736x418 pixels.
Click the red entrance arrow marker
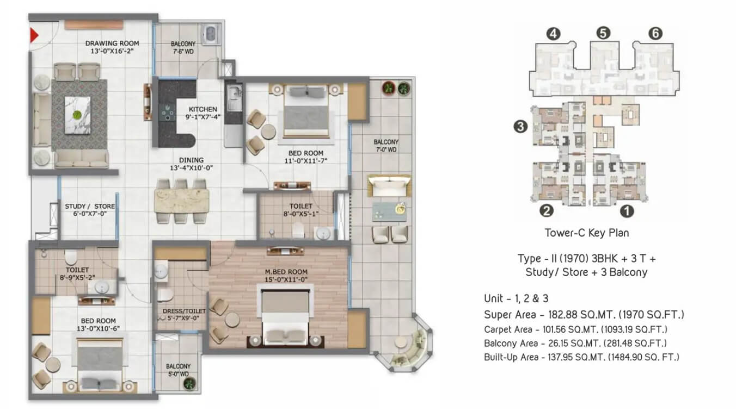click(x=34, y=35)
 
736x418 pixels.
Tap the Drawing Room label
click(x=112, y=47)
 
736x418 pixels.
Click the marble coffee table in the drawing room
click(x=77, y=115)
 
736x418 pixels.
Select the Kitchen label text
click(x=203, y=113)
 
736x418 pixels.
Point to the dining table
click(x=181, y=201)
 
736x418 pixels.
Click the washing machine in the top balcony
click(x=211, y=34)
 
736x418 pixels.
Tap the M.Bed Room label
click(x=286, y=276)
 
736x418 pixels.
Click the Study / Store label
click(x=90, y=210)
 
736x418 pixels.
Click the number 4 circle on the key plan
click(x=553, y=34)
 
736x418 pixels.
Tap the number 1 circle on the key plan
click(x=627, y=211)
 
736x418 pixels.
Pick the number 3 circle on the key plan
click(x=520, y=126)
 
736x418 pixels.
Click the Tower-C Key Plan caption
click(x=587, y=233)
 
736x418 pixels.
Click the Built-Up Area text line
click(x=581, y=357)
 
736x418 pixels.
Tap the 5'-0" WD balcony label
click(x=179, y=374)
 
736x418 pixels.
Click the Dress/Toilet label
click(x=184, y=314)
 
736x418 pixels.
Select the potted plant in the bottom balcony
click(x=189, y=383)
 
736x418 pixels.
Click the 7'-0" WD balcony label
click(x=386, y=149)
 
